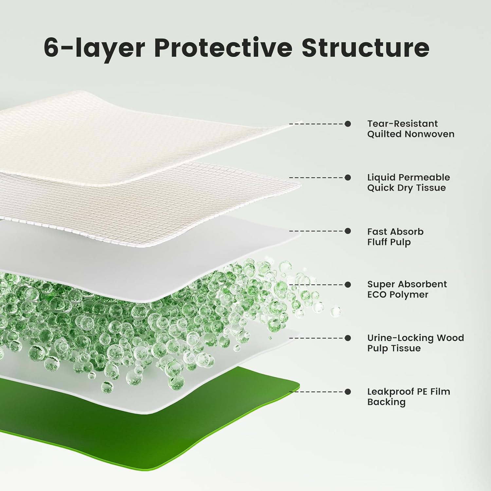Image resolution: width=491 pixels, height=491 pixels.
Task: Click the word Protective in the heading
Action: point(223,48)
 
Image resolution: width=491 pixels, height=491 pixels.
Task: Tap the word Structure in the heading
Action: point(365,48)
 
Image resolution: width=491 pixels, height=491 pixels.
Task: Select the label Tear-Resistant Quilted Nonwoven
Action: point(410,129)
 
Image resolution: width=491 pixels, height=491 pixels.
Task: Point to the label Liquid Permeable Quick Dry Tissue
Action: point(409,182)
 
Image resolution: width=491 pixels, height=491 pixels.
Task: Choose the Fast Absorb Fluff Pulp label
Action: point(395,237)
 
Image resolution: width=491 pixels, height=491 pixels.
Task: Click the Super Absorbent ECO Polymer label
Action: point(407,289)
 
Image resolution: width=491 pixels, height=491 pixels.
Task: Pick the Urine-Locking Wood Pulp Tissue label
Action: point(415,343)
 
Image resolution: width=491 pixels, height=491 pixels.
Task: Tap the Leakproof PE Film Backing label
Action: point(409,396)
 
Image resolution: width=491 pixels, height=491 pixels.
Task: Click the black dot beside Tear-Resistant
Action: point(348,124)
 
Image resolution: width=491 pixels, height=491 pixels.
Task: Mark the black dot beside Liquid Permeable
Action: point(348,177)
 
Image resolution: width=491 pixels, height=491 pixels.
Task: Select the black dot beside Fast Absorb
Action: point(348,231)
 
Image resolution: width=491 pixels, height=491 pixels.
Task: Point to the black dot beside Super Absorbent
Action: point(348,284)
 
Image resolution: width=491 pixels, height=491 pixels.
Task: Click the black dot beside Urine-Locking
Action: point(348,338)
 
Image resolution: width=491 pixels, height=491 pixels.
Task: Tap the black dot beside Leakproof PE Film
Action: point(348,391)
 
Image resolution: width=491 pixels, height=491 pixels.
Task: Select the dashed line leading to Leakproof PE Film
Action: point(317,391)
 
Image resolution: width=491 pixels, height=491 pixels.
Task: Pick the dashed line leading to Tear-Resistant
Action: point(317,124)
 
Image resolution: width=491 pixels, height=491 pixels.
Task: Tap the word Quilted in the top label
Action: point(384,134)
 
